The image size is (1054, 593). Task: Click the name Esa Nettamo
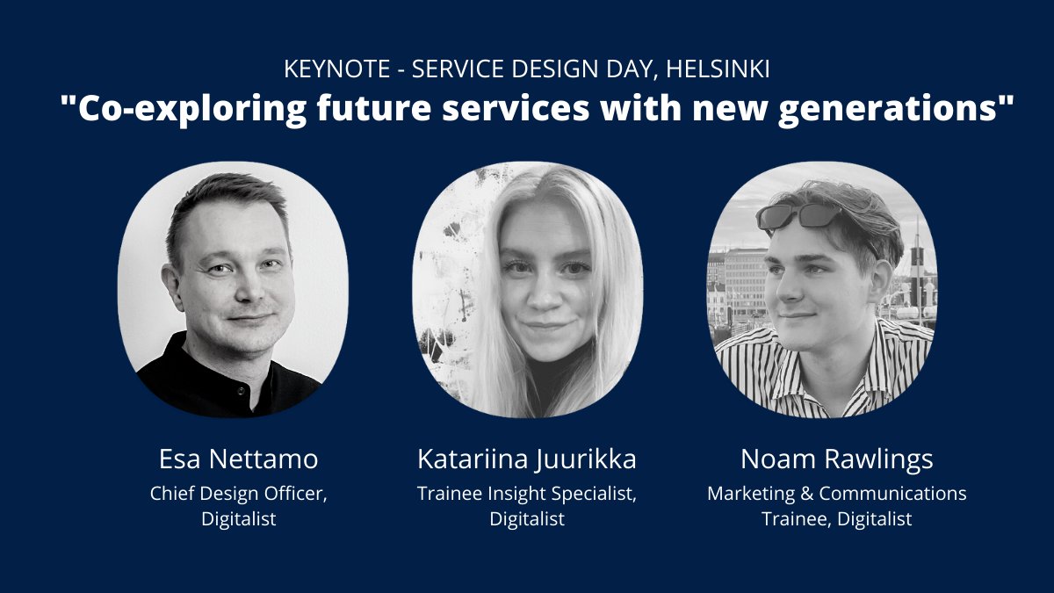point(238,459)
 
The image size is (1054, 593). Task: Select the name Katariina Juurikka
point(526,459)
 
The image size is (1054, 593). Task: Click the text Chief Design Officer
point(238,494)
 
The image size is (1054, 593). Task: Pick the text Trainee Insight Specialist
point(526,494)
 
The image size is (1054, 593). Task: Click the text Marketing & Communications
point(836,494)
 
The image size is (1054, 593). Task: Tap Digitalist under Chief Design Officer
point(238,519)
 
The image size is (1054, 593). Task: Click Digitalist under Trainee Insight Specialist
point(526,519)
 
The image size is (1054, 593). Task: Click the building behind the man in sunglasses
point(742,272)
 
